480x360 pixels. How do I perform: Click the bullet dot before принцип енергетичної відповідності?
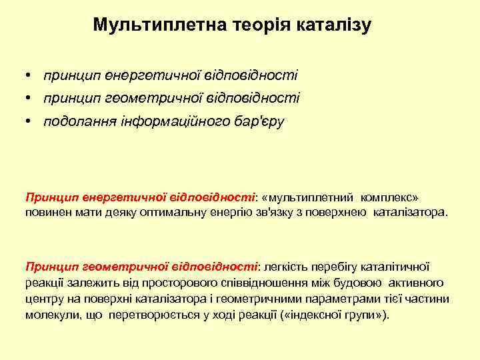[31, 75]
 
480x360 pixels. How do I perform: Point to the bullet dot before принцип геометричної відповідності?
[31, 98]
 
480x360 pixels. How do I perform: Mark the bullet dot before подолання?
[31, 121]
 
